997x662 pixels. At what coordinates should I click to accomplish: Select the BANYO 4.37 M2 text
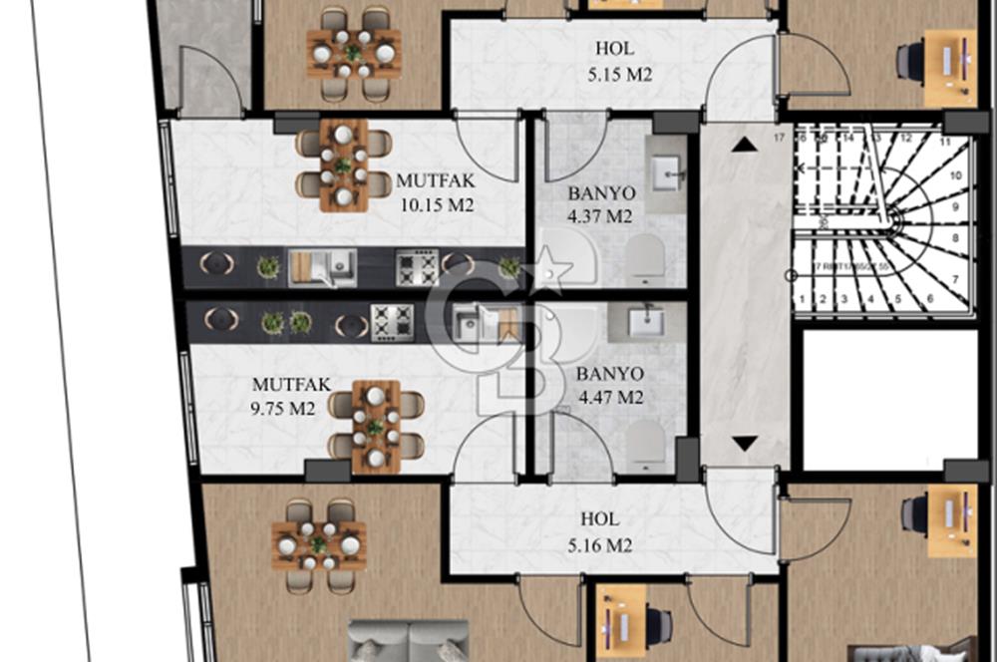(x=600, y=204)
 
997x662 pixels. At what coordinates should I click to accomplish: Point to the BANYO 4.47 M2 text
(x=609, y=386)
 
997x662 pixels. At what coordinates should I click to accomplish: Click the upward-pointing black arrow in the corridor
(x=743, y=146)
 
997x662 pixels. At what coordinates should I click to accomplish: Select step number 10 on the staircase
(x=955, y=175)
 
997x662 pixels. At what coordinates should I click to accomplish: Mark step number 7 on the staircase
(x=955, y=279)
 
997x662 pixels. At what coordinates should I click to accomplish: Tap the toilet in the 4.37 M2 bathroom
(x=645, y=260)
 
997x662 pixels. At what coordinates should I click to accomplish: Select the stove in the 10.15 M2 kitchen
(x=417, y=267)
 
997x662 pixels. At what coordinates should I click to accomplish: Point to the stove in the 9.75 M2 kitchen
(x=392, y=322)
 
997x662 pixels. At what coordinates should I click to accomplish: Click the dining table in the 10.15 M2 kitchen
(x=343, y=165)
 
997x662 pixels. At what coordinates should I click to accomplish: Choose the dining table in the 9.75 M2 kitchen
(x=376, y=429)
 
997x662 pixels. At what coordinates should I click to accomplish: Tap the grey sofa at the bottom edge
(x=409, y=641)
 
